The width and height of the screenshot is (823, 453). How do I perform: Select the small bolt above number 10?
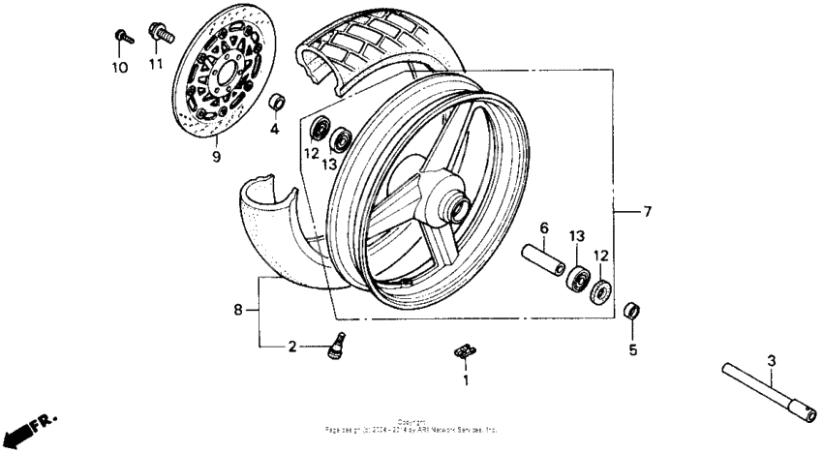coord(122,38)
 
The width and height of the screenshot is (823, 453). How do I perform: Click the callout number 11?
coord(155,65)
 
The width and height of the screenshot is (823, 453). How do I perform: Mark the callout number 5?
coord(632,349)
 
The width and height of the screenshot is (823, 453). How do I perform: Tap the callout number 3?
coord(771,361)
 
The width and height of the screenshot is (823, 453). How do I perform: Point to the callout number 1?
coord(465,381)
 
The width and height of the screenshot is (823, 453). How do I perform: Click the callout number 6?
coord(543,227)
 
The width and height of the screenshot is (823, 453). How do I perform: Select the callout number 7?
coord(648,210)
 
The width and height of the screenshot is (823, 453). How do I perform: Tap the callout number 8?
coord(238,310)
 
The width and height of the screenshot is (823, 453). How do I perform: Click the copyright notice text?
coord(411,425)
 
